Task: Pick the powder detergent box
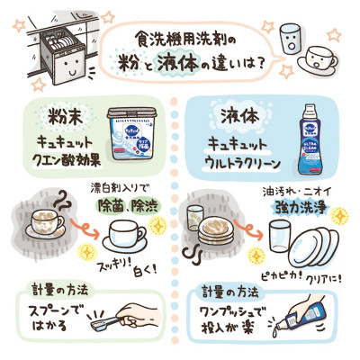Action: [x=135, y=135]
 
